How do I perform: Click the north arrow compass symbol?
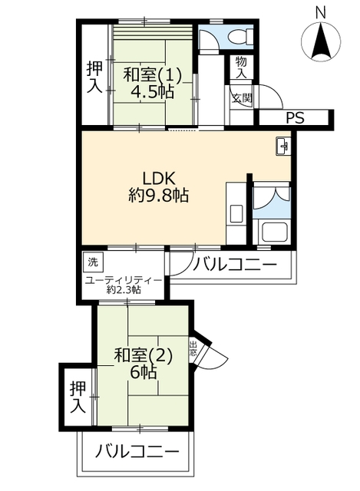[321, 41]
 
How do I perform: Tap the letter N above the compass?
[320, 12]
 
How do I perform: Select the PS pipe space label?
[295, 117]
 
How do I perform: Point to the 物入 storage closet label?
[241, 68]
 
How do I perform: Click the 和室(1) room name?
[152, 75]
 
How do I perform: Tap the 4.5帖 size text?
[152, 92]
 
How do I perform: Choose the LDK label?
[159, 179]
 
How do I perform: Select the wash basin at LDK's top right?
[283, 146]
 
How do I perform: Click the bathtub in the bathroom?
[275, 232]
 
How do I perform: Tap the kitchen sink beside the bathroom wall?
[236, 214]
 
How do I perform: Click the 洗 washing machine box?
[93, 262]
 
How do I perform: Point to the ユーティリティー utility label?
[124, 279]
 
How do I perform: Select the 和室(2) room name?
[144, 356]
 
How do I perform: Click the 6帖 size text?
[143, 373]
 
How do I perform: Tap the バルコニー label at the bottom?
[137, 452]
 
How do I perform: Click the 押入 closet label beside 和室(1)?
[94, 77]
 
